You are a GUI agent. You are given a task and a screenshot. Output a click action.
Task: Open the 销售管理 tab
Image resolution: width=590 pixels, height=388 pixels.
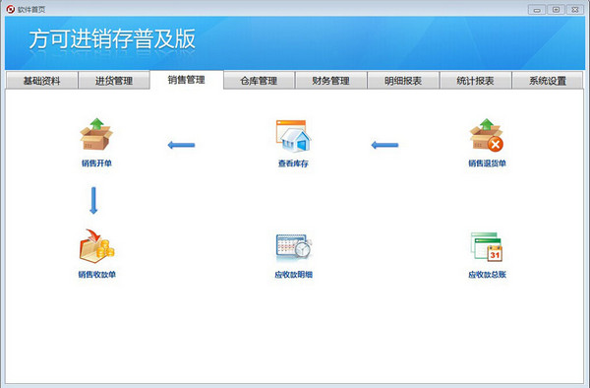point(187,80)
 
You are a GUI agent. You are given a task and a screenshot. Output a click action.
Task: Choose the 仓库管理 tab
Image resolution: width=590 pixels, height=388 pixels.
point(258,81)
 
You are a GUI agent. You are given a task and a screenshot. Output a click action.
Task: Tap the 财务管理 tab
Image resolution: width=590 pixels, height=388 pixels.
point(330,81)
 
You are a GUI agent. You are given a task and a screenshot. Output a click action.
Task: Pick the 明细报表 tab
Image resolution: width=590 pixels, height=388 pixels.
point(403,81)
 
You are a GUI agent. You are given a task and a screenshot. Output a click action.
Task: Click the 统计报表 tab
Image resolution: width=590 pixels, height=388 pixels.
point(475,81)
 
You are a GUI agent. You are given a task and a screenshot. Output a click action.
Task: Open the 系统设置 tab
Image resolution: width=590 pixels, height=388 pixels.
point(547,81)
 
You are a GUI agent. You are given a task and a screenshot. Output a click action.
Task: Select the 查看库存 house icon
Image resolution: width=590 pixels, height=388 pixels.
point(292,136)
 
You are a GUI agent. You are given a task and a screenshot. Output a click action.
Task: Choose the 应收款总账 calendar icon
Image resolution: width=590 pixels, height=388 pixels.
point(487,247)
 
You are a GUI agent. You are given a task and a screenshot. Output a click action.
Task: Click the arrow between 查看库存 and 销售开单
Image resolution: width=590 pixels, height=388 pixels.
point(180,146)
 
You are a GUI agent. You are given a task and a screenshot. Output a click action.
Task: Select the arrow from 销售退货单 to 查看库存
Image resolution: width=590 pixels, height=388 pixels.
point(385,146)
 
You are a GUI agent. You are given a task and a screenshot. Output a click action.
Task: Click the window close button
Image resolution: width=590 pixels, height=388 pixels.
point(575,8)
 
